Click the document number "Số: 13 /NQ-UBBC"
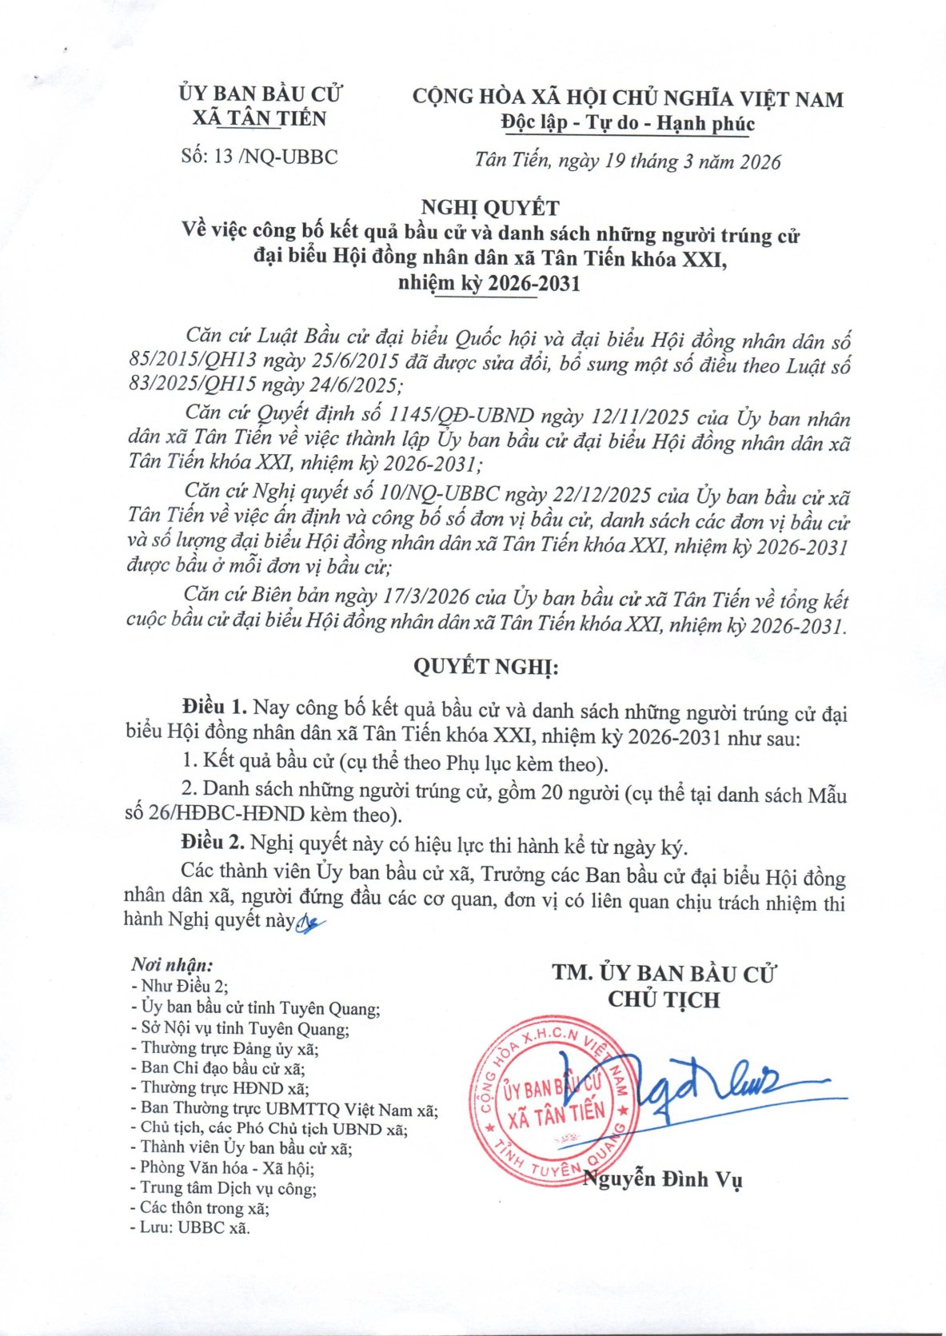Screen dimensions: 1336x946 tap(259, 156)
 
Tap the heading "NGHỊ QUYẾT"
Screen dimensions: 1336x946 tap(490, 208)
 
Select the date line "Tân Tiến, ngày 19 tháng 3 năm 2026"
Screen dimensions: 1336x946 tap(627, 161)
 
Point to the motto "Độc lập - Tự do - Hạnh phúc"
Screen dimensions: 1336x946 tap(628, 123)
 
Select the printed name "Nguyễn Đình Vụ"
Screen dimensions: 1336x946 tap(663, 1178)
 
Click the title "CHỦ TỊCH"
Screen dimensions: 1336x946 tap(664, 1000)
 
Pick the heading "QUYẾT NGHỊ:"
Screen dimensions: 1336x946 tap(485, 667)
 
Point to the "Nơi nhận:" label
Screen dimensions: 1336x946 tap(172, 965)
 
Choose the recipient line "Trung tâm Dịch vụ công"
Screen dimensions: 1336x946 tap(228, 1188)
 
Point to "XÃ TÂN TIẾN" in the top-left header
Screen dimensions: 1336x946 tap(260, 119)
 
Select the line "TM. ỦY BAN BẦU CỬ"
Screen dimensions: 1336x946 tap(664, 973)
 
